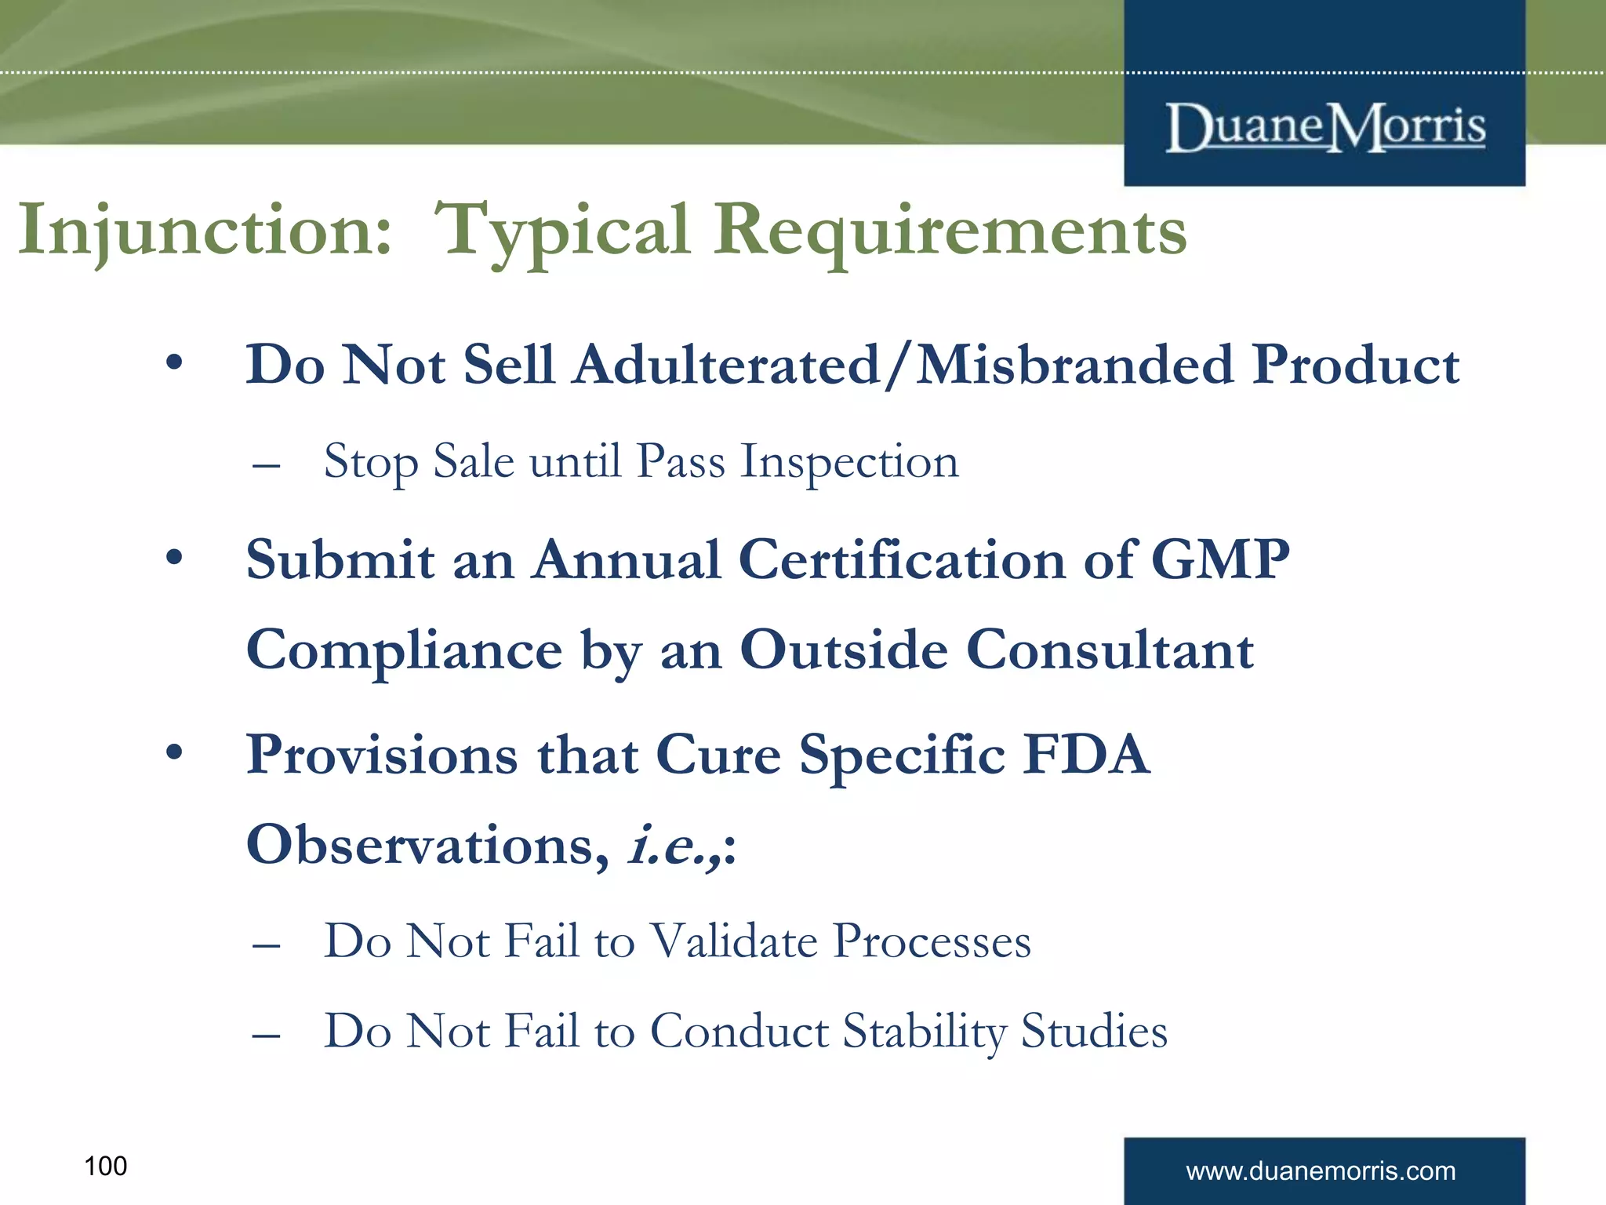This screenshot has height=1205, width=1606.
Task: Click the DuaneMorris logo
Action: pyautogui.click(x=1325, y=127)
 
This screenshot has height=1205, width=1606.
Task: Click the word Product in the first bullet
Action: pyautogui.click(x=1355, y=366)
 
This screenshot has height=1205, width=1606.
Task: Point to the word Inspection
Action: pyautogui.click(x=849, y=461)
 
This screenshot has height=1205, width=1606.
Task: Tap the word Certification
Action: pyautogui.click(x=902, y=560)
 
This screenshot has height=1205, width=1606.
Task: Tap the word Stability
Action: pyautogui.click(x=924, y=1031)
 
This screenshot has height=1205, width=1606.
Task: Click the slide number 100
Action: pyautogui.click(x=105, y=1166)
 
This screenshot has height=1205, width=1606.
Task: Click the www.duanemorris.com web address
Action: pyautogui.click(x=1321, y=1171)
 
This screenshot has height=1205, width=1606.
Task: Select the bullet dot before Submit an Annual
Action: pyautogui.click(x=174, y=559)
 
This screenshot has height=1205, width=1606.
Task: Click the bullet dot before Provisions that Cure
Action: pyautogui.click(x=174, y=753)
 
